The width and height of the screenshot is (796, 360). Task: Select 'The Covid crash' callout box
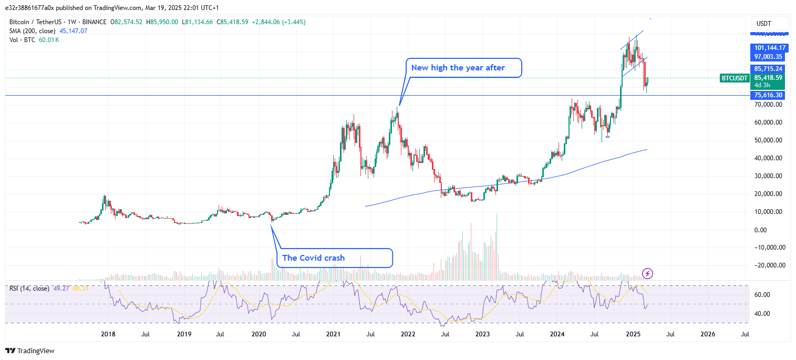pos(335,258)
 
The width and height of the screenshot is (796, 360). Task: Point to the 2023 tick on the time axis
pos(482,334)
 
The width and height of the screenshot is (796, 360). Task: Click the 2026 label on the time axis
pos(707,334)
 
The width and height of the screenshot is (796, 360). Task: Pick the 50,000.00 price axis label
pos(768,140)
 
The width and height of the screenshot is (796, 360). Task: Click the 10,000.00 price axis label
pos(768,212)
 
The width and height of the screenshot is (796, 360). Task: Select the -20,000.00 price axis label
pos(768,265)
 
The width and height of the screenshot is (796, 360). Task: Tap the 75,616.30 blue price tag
pos(768,95)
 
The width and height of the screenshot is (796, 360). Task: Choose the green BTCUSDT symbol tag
pos(734,78)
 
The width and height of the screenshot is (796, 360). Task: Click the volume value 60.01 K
pos(49,40)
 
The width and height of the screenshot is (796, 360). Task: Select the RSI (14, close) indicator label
pos(29,289)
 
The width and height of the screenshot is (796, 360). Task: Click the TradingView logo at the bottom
pos(30,351)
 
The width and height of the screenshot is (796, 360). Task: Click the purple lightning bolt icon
pos(648,273)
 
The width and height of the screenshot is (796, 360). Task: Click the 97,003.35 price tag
pos(768,57)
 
